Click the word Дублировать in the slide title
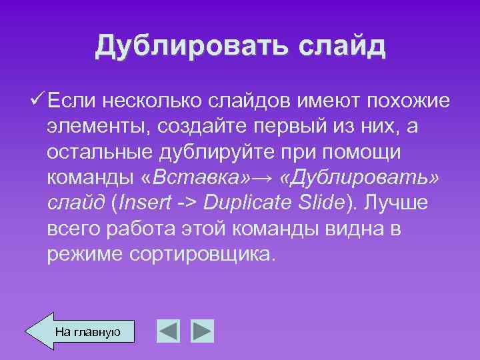point(186,47)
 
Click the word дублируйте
point(213,152)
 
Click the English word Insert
point(145,203)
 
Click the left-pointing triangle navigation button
point(168,331)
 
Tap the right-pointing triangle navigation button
point(201,331)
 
